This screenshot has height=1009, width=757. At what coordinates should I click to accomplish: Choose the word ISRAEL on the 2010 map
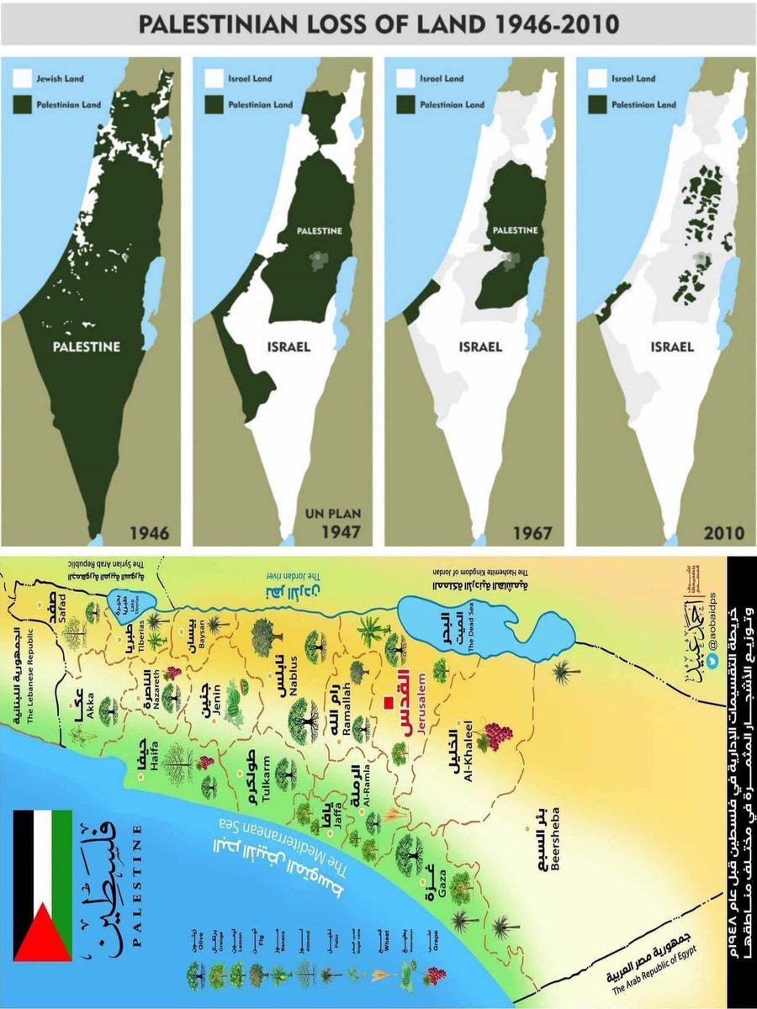pyautogui.click(x=671, y=346)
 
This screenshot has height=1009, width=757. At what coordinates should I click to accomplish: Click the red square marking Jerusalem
pyautogui.click(x=389, y=703)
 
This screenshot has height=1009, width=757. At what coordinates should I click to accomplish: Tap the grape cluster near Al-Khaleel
pyautogui.click(x=494, y=736)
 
